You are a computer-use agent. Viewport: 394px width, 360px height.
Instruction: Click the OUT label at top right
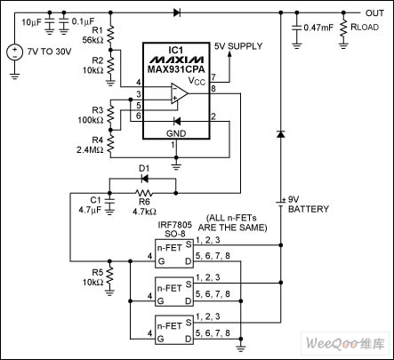(374, 13)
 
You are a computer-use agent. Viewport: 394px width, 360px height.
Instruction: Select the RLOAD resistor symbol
(343, 28)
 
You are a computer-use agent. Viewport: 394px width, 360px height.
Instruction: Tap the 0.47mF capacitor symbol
(296, 28)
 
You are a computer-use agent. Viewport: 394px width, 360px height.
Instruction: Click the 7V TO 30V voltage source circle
(14, 52)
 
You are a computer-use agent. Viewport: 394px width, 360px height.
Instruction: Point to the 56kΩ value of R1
(92, 40)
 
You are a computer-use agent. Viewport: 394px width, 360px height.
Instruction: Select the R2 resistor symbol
(110, 66)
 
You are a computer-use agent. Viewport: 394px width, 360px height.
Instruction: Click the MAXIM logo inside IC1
(176, 60)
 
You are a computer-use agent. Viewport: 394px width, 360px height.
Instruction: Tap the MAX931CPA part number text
(176, 69)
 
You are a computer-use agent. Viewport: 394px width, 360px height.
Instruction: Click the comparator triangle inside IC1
(180, 93)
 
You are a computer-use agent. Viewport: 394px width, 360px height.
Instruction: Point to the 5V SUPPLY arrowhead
(229, 53)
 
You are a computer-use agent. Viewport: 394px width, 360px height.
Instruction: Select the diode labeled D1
(145, 179)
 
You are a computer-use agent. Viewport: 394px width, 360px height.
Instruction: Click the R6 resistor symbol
(144, 193)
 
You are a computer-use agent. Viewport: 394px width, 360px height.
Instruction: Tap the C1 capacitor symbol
(109, 200)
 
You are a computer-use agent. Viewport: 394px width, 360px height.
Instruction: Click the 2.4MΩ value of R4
(90, 150)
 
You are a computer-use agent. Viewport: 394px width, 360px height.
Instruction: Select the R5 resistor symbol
(109, 276)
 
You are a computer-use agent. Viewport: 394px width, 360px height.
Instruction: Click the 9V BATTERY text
(309, 204)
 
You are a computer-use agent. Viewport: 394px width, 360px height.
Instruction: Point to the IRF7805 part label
(174, 224)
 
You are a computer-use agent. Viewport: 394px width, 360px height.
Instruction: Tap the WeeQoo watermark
(345, 344)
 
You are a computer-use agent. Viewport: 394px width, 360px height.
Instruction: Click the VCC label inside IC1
(197, 81)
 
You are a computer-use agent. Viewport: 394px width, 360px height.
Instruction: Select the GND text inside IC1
(176, 133)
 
